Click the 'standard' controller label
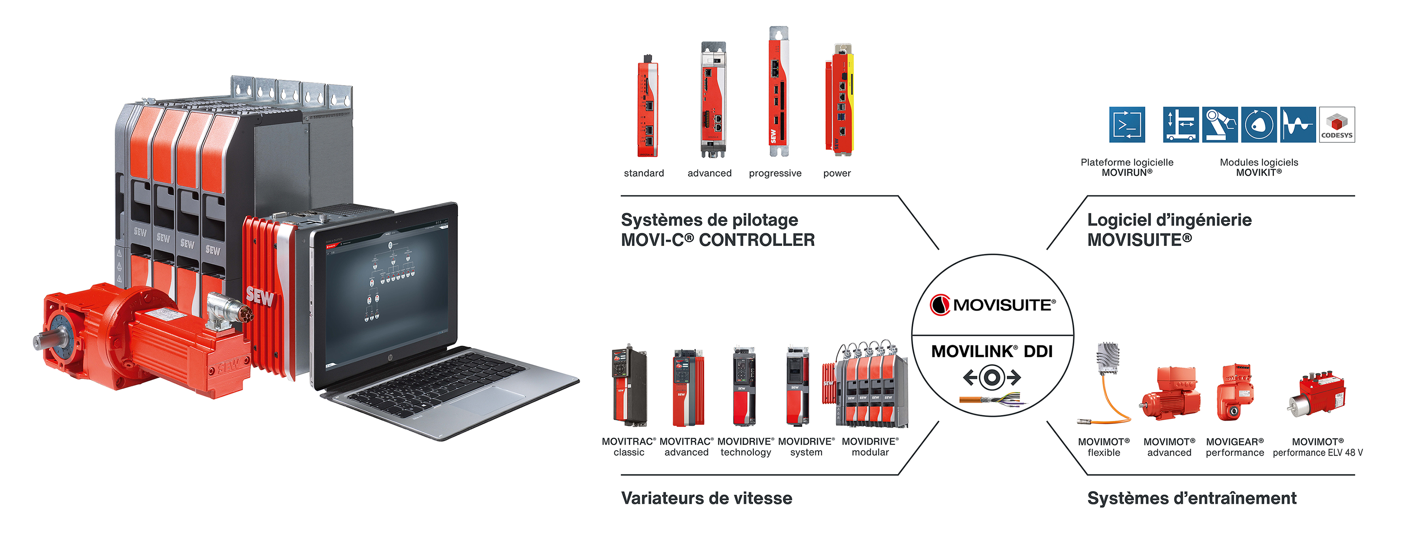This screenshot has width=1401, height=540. point(643,173)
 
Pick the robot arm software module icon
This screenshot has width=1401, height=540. point(1220,125)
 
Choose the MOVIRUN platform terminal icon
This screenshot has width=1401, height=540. point(1127,125)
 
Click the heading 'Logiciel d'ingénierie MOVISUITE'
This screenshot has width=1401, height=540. point(1169,230)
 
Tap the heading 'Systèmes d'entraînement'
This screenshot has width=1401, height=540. point(1191,498)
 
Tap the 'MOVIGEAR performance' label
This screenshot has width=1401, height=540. point(1235,447)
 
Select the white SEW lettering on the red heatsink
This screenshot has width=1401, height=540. point(259,296)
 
